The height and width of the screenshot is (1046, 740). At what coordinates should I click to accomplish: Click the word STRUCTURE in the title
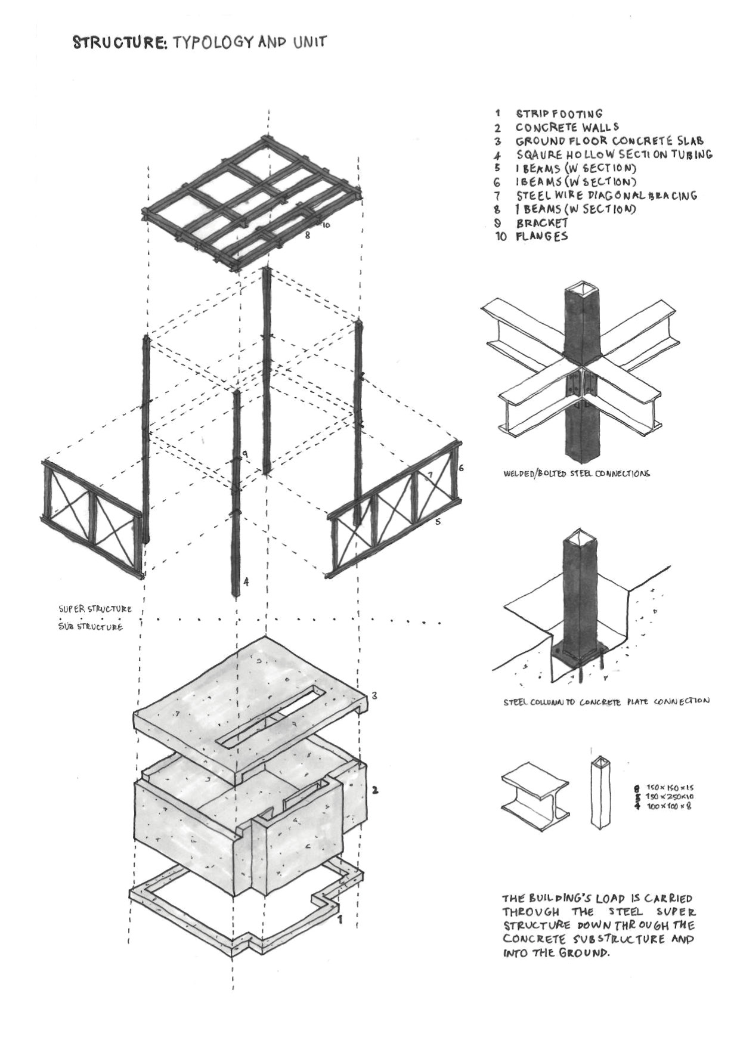[x=119, y=42]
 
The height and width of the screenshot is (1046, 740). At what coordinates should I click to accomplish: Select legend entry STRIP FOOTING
[x=559, y=113]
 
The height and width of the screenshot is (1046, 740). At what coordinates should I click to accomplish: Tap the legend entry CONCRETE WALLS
[x=567, y=127]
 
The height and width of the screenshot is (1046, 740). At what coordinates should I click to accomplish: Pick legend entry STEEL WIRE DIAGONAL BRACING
[x=606, y=195]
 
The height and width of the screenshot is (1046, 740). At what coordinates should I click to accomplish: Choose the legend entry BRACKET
[x=542, y=222]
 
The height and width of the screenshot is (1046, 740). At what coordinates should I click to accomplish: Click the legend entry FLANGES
[x=541, y=236]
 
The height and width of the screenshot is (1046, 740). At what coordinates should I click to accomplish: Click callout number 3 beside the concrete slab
[x=374, y=695]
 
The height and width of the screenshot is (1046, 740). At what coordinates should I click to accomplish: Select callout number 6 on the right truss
[x=461, y=468]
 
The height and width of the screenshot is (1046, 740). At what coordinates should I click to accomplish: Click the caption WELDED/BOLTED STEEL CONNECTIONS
[x=576, y=474]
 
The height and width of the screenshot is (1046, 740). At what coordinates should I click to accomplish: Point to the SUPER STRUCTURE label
[x=95, y=609]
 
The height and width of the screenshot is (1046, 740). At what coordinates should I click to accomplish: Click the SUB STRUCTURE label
[x=91, y=627]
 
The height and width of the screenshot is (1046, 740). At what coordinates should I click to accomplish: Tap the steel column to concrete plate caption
[x=606, y=702]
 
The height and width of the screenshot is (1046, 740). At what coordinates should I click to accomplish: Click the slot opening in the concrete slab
[x=272, y=716]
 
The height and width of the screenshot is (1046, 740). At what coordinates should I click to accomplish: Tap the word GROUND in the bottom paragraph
[x=583, y=969]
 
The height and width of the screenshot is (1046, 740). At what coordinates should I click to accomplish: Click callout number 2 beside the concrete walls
[x=374, y=791]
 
